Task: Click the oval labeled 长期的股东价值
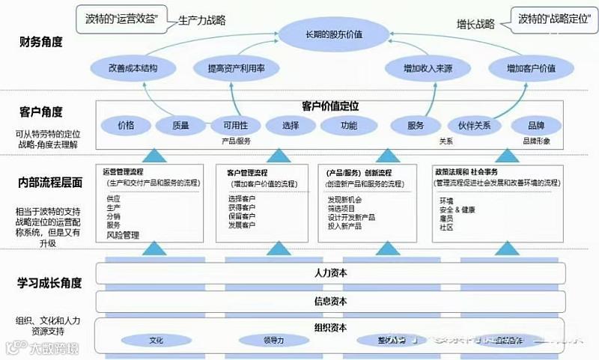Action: (x=334, y=34)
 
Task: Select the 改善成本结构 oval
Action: (x=133, y=68)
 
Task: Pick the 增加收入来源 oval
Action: (x=428, y=68)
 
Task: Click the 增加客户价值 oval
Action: (x=531, y=68)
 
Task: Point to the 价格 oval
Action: (x=126, y=125)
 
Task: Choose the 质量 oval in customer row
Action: (x=180, y=125)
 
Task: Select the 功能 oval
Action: (x=349, y=125)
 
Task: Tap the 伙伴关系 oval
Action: (x=473, y=125)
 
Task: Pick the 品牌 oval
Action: (x=536, y=125)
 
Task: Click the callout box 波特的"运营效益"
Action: (x=121, y=19)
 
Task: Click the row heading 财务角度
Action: (x=41, y=43)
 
